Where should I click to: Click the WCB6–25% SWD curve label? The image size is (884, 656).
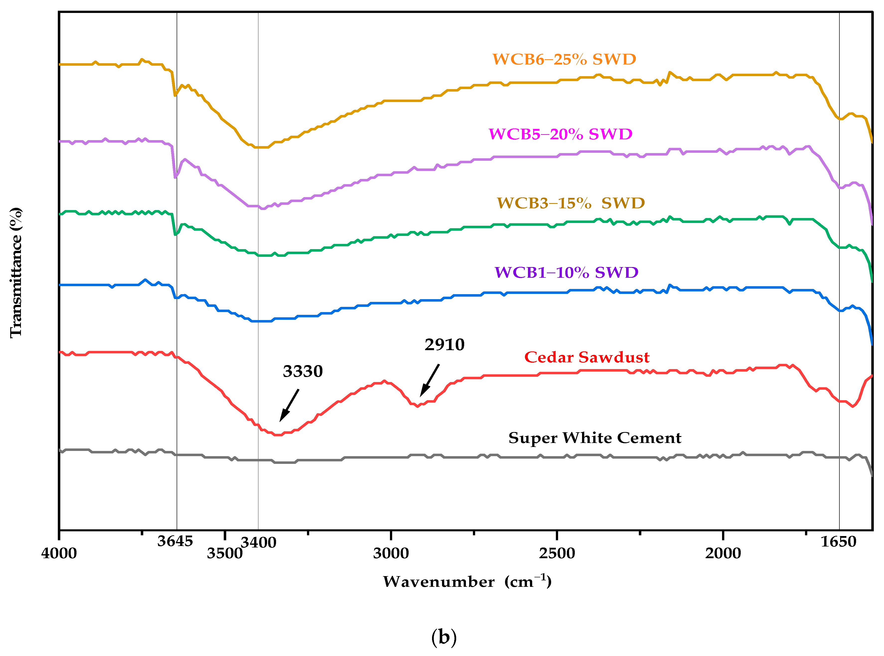click(x=564, y=59)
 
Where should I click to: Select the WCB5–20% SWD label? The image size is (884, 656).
click(x=560, y=134)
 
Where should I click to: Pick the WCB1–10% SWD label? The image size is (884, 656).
click(x=566, y=273)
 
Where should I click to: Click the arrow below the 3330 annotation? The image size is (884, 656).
click(x=289, y=405)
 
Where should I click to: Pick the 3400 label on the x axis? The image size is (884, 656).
click(x=258, y=543)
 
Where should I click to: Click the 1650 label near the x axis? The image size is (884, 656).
click(x=838, y=542)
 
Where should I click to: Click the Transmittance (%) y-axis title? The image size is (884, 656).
click(x=16, y=273)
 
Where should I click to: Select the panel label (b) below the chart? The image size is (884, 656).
click(x=443, y=637)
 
